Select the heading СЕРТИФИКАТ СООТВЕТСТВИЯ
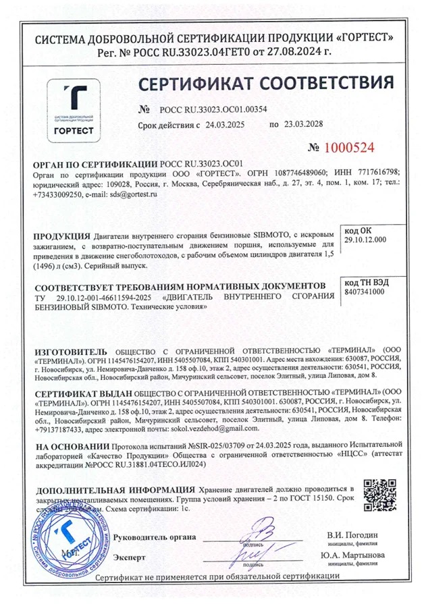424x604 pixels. coord(265,84)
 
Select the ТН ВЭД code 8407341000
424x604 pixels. coord(365,292)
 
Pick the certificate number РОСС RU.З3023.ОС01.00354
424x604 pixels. coord(213,109)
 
